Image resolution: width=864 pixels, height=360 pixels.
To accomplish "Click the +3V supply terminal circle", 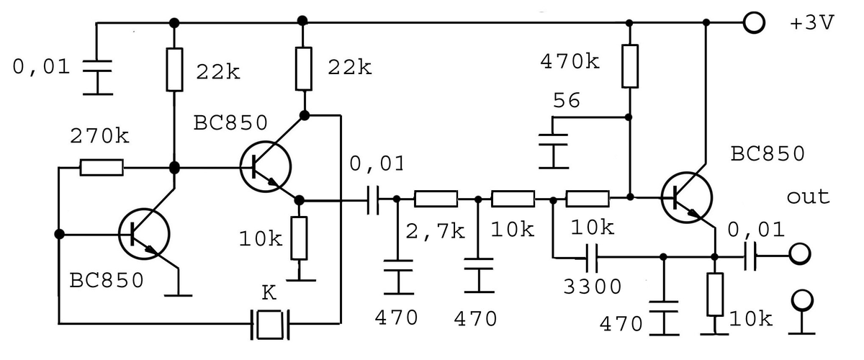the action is (x=753, y=23).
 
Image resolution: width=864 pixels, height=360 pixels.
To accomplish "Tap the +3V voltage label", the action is (x=812, y=23).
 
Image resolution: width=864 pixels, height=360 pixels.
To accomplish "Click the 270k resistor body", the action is (x=102, y=168).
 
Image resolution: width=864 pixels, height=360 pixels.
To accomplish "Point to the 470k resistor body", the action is (x=629, y=66).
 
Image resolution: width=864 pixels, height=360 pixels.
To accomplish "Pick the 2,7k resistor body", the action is (x=436, y=199).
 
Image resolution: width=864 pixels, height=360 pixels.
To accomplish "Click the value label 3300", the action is (x=592, y=287).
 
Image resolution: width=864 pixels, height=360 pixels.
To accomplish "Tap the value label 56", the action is (x=566, y=100).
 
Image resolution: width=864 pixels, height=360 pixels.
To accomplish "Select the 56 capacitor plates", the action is (x=553, y=140).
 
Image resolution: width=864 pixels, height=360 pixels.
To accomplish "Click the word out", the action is (x=808, y=197).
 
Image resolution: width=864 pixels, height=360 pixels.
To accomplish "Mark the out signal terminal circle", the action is (x=800, y=254).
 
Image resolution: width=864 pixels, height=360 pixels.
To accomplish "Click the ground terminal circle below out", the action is (x=802, y=300).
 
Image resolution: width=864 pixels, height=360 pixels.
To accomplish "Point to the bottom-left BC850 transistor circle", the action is (x=144, y=234).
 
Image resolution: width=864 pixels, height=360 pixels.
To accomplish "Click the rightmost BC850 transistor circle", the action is (x=687, y=197).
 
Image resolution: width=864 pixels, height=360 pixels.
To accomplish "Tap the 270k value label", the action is (x=99, y=136).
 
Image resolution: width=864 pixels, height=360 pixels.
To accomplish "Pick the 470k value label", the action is (x=570, y=62).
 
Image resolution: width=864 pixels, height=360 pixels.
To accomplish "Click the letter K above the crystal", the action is (x=269, y=293).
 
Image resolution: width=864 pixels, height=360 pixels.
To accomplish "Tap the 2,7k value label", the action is (x=435, y=232).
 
